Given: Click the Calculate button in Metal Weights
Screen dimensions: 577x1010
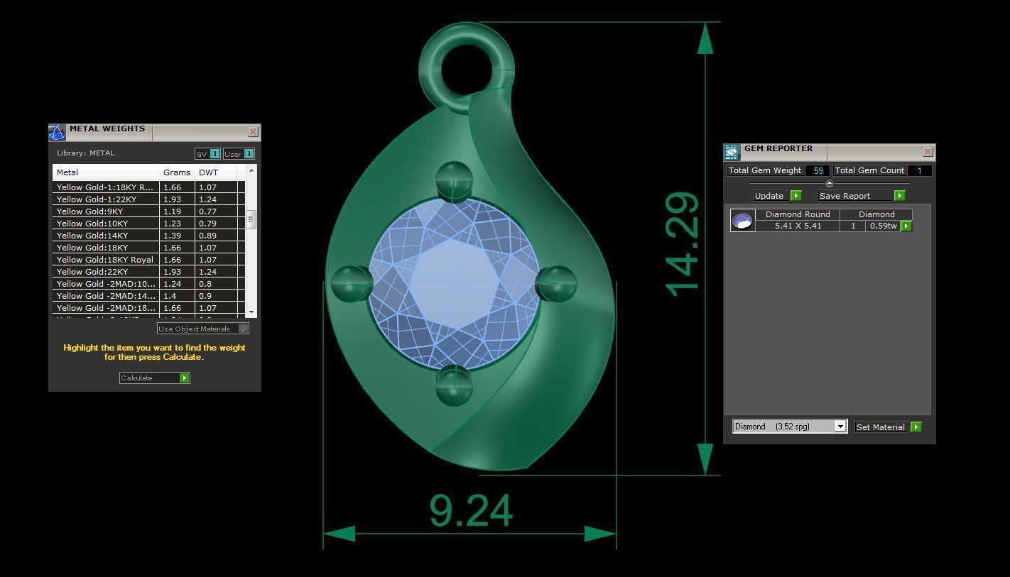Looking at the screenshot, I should pyautogui.click(x=154, y=378).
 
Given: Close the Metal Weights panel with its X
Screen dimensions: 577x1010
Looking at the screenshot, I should pyautogui.click(x=253, y=132).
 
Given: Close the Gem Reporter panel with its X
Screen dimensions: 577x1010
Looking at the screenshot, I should pyautogui.click(x=928, y=152).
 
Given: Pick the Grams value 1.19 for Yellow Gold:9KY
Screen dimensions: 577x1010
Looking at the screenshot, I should pyautogui.click(x=172, y=211).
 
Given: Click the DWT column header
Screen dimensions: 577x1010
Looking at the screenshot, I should pyautogui.click(x=209, y=172).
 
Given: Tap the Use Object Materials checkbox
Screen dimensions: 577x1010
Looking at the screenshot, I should pyautogui.click(x=244, y=329).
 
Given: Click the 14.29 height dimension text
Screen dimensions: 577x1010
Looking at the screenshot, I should pyautogui.click(x=683, y=243).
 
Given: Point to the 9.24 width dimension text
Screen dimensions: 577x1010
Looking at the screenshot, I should pyautogui.click(x=471, y=511).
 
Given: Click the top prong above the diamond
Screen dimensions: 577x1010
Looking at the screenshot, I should pyautogui.click(x=453, y=180).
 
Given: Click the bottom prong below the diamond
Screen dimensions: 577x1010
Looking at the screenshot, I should pyautogui.click(x=453, y=385).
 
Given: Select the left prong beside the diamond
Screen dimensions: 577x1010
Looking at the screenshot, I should pyautogui.click(x=350, y=282).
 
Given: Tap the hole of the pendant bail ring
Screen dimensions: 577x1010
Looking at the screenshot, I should pyautogui.click(x=466, y=69).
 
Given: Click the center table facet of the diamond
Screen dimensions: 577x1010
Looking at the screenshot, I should pyautogui.click(x=455, y=284).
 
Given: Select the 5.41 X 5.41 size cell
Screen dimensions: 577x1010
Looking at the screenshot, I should pyautogui.click(x=798, y=226).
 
